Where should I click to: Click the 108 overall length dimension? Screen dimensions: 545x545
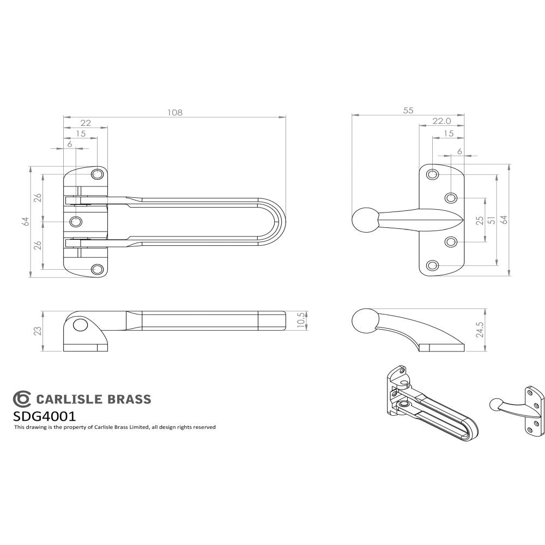174,112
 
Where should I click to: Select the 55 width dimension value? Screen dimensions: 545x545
408,110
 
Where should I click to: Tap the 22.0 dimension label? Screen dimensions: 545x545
441,121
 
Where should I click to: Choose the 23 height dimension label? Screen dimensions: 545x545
38,331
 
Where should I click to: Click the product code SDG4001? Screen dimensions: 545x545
44,416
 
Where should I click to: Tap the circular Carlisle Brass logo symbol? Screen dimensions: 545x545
22,399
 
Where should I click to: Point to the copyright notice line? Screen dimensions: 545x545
114,427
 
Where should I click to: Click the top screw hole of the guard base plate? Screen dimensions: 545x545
98,174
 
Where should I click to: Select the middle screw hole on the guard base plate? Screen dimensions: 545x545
76,221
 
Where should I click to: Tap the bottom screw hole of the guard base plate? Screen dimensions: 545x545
98,269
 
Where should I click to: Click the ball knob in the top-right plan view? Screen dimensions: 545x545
363,220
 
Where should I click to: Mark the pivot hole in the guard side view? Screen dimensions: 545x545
80,326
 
